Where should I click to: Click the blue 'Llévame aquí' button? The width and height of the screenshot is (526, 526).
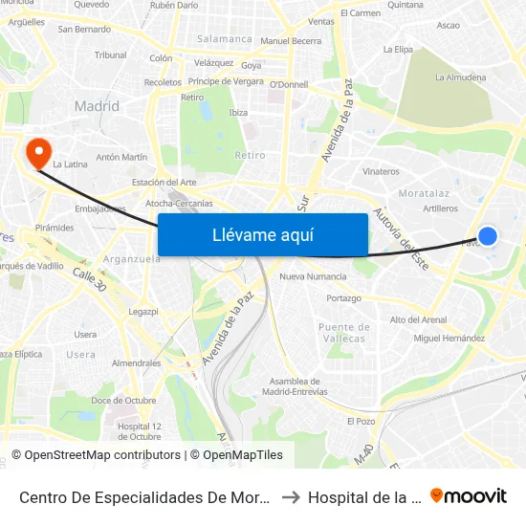pos(262,234)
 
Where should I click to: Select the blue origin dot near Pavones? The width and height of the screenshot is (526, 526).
pos(487,235)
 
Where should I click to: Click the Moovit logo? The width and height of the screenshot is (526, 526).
pos(469,496)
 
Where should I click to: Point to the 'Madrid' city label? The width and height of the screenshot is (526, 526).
pos(97,106)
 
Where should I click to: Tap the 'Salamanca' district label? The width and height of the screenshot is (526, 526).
pos(224,39)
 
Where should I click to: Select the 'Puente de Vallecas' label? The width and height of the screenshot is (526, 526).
pos(341,333)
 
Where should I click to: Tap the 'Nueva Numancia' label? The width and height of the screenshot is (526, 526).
pos(313,276)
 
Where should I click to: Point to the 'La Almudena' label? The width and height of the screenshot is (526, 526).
pos(460,77)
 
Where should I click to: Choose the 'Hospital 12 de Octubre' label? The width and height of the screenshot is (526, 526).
pos(140,431)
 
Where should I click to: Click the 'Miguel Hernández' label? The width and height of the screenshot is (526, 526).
pos(449,339)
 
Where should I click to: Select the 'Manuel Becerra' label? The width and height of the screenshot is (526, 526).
pos(291,41)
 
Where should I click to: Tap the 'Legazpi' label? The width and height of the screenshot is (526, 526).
pos(142,312)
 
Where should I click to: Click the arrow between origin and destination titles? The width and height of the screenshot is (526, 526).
pos(291,497)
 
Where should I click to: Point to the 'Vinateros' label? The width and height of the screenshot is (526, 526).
pos(381,172)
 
